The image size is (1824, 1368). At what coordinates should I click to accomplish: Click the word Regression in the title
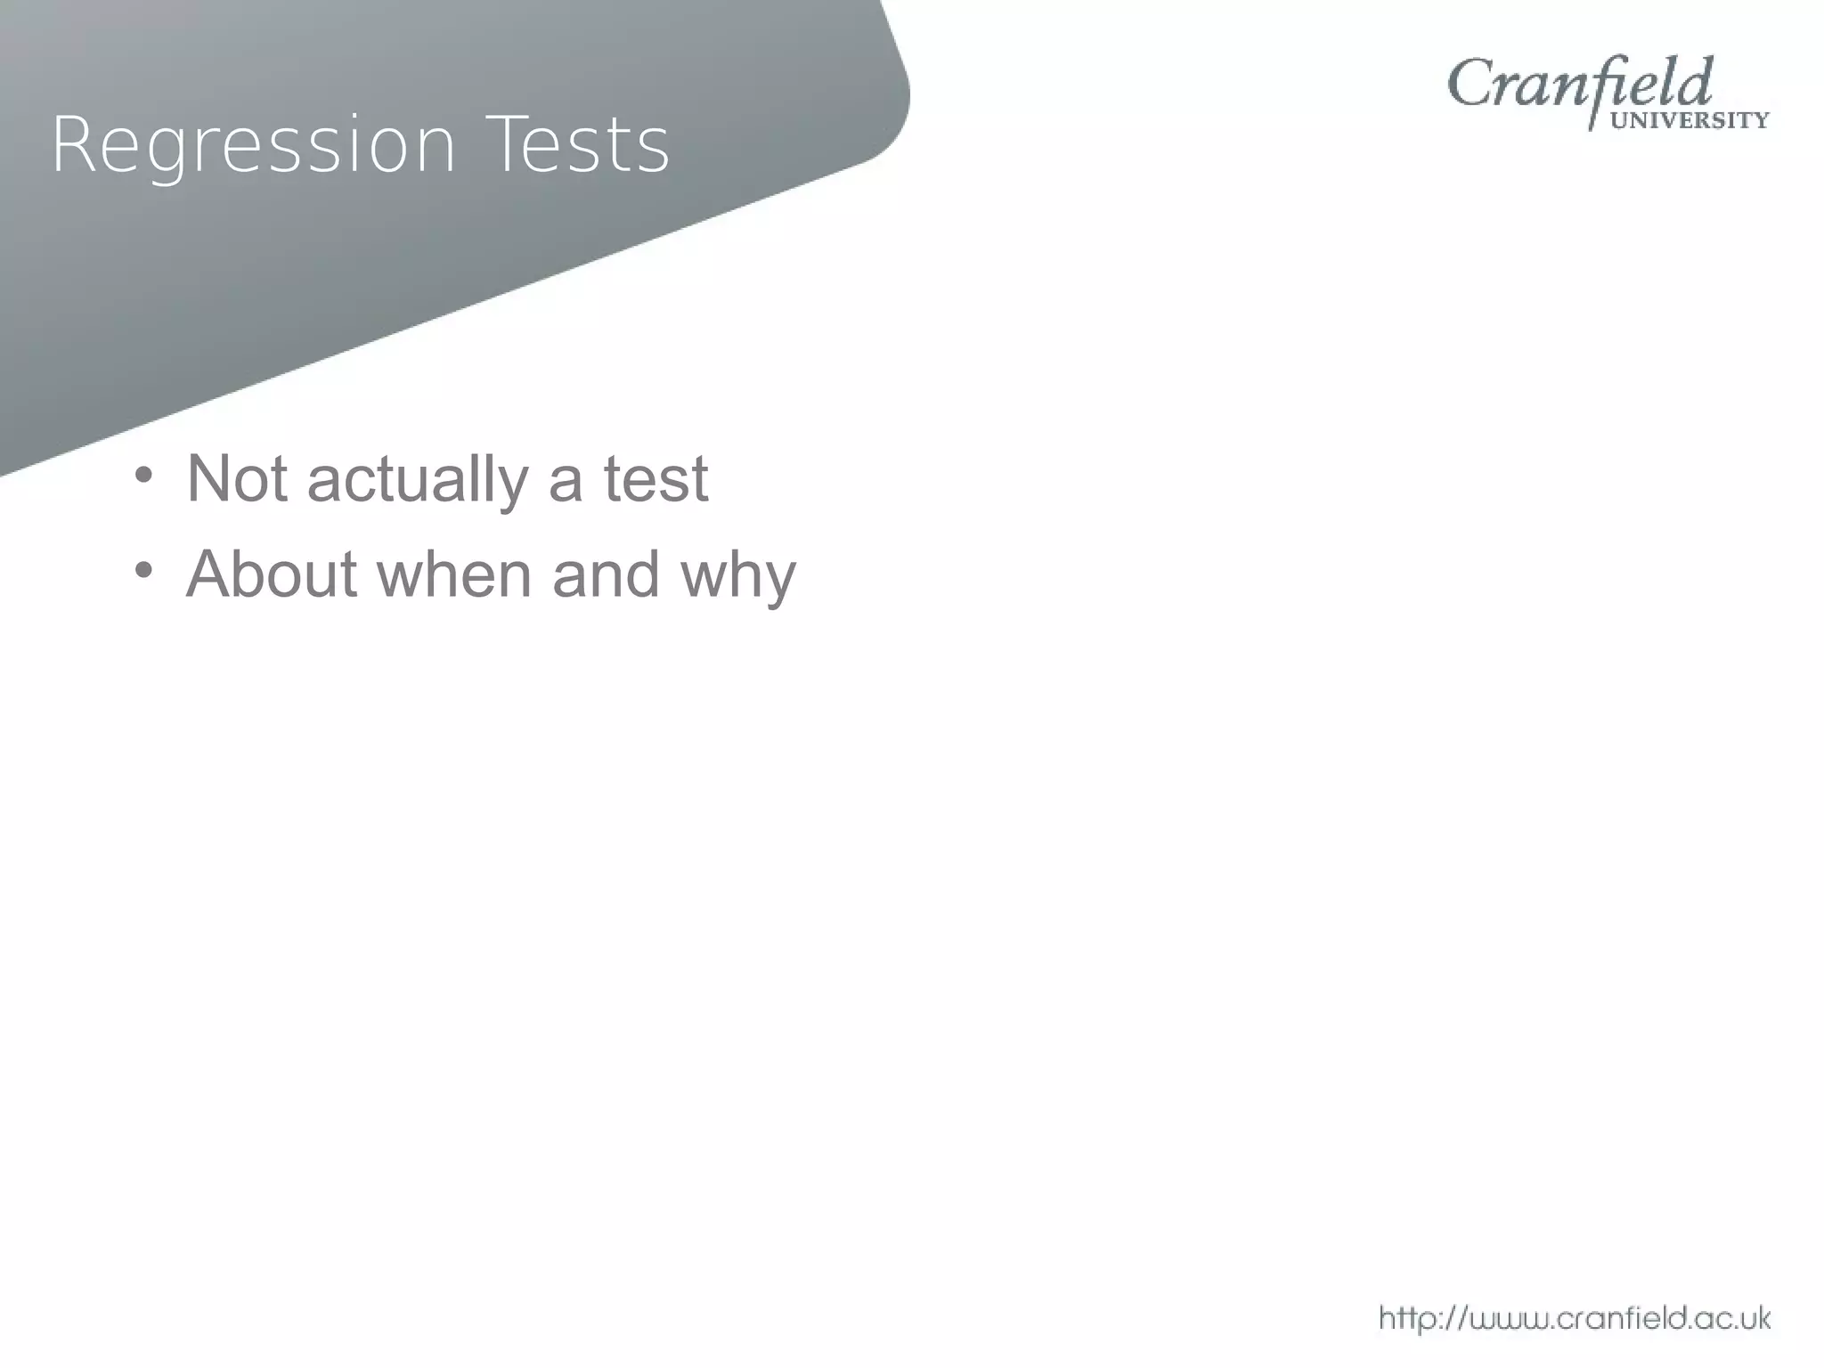pyautogui.click(x=254, y=145)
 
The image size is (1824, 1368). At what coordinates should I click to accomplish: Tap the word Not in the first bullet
pyautogui.click(x=237, y=479)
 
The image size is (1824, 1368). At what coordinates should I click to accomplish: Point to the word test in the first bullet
pyautogui.click(x=656, y=479)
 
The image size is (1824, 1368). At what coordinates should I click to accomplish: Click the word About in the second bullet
pyautogui.click(x=272, y=574)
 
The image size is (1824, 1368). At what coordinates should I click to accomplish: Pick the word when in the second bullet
pyautogui.click(x=454, y=574)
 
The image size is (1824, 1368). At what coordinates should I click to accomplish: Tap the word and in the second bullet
pyautogui.click(x=606, y=574)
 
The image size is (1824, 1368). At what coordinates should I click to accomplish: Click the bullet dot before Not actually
pyautogui.click(x=143, y=474)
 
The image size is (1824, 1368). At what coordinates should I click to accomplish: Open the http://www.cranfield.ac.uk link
pyautogui.click(x=1574, y=1317)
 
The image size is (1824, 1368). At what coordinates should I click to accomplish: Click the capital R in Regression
pyautogui.click(x=71, y=144)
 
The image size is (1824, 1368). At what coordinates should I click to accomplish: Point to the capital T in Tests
pyautogui.click(x=507, y=144)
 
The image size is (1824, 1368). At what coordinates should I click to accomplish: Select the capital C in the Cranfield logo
pyautogui.click(x=1470, y=85)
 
